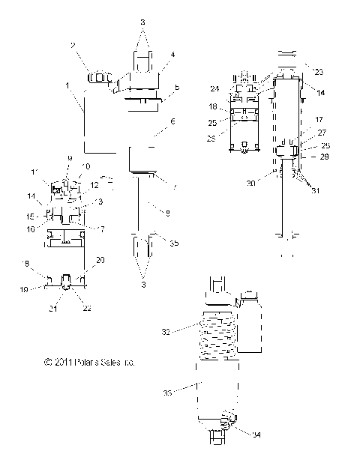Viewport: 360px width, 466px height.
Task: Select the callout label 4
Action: point(172,55)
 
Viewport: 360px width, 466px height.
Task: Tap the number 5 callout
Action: point(176,88)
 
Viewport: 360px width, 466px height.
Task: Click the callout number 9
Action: point(69,158)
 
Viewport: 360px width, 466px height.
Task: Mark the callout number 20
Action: point(101,258)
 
